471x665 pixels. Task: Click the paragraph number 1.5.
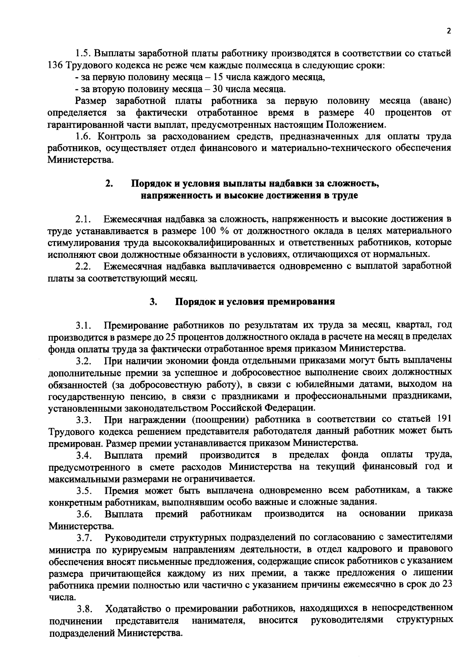click(x=84, y=53)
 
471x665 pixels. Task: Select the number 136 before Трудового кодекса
click(x=55, y=65)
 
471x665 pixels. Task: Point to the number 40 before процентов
click(x=369, y=113)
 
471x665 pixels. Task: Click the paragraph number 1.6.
click(x=84, y=136)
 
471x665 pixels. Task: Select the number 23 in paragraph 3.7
click(x=447, y=585)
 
